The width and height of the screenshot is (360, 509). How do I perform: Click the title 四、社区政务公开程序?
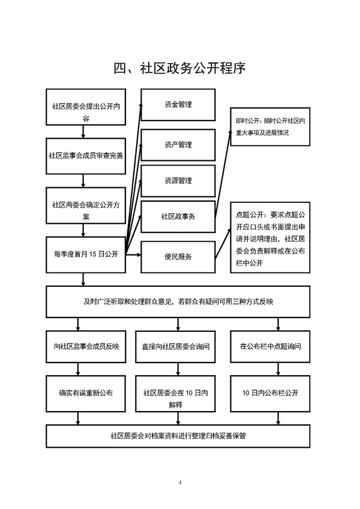[180, 67]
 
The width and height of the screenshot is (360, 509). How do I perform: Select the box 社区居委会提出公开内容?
[86, 107]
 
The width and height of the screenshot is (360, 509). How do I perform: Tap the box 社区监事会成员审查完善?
[86, 155]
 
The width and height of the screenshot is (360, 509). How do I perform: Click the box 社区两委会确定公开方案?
[86, 205]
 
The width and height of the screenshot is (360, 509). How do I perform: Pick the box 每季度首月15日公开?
[86, 254]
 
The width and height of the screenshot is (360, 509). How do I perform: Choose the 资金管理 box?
[178, 105]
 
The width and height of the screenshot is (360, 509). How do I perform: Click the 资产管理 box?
[178, 145]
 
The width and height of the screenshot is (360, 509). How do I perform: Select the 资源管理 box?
[178, 180]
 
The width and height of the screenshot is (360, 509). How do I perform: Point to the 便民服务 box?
[178, 257]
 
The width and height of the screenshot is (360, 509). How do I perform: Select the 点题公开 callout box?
[270, 238]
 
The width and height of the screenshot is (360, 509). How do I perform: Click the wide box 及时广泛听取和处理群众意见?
[179, 301]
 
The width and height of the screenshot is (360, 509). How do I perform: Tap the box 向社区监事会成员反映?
[86, 346]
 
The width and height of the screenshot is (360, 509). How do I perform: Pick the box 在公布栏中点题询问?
[270, 346]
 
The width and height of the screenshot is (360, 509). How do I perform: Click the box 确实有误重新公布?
[86, 393]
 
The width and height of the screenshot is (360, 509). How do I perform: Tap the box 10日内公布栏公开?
[270, 393]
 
